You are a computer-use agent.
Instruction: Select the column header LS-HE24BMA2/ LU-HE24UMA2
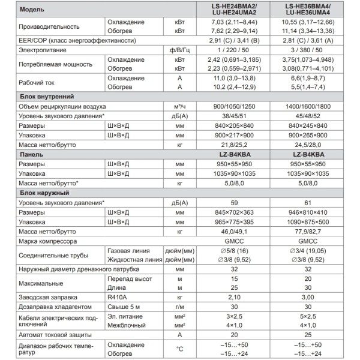[228, 10]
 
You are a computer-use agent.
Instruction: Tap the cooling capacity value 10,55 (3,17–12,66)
[307, 23]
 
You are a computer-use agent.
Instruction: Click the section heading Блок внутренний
[47, 96]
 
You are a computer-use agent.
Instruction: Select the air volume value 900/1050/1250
[228, 106]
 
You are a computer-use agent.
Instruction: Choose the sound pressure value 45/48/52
[307, 115]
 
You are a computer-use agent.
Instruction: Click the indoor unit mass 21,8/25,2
[228, 145]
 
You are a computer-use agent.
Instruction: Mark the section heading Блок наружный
[44, 193]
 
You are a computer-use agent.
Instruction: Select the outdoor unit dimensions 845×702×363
[228, 212]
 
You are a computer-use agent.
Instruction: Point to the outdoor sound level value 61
[307, 203]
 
